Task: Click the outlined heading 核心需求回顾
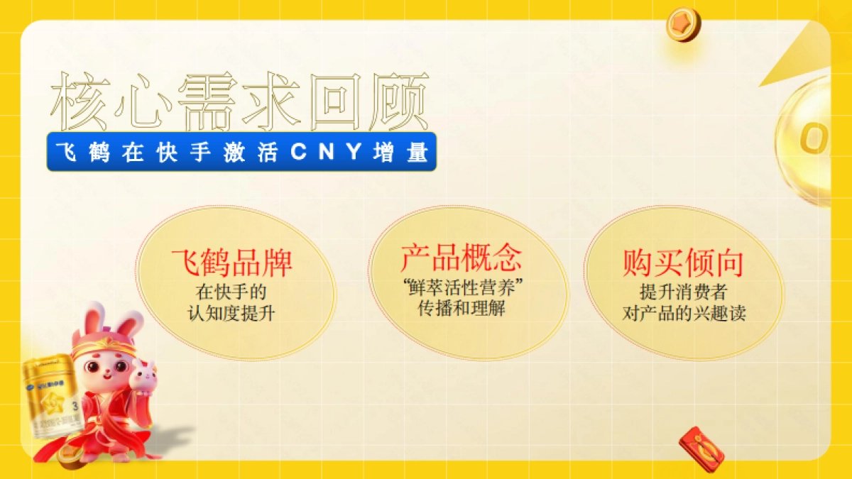(x=240, y=101)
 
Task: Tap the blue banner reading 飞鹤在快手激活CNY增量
(x=241, y=153)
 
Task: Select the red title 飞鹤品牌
(x=231, y=263)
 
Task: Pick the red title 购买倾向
(x=683, y=263)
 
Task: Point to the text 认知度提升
(x=231, y=312)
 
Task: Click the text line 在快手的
(x=231, y=291)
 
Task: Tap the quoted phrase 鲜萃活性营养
(x=461, y=288)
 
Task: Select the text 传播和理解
(x=461, y=309)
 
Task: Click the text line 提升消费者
(x=683, y=292)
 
